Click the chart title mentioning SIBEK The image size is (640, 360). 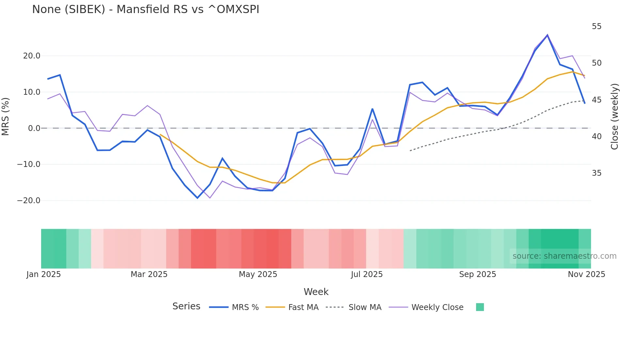(x=146, y=9)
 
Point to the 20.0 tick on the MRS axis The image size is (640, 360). (x=32, y=56)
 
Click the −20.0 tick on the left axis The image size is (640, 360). (x=29, y=201)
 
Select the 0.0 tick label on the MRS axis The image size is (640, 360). (x=34, y=128)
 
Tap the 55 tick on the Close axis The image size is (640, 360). (x=597, y=26)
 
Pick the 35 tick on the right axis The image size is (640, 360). (x=597, y=173)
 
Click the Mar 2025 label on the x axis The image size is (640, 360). (x=149, y=274)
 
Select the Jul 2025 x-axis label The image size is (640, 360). (x=367, y=274)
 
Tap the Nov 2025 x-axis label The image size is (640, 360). (x=586, y=274)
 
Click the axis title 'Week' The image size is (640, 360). (x=316, y=292)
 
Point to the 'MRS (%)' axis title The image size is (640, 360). (x=5, y=117)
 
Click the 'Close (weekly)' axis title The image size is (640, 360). (x=615, y=117)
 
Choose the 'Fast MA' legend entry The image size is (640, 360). (x=303, y=307)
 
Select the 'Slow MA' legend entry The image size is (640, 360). (x=365, y=307)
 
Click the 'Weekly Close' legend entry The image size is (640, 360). (x=437, y=307)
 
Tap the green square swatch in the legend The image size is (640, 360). (x=480, y=307)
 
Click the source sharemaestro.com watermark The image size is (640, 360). (x=564, y=256)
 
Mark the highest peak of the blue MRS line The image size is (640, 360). (x=548, y=35)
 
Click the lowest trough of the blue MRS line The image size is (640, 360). (x=197, y=198)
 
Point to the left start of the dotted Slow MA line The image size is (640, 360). (x=410, y=151)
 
